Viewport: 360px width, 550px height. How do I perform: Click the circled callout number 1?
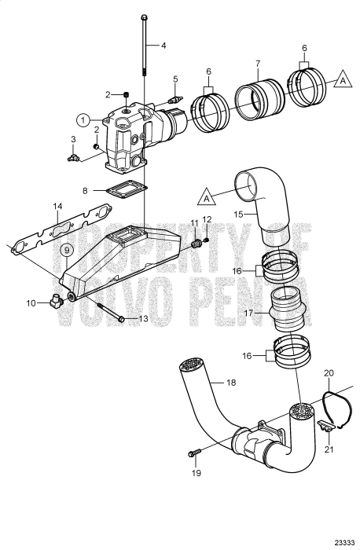(x=83, y=119)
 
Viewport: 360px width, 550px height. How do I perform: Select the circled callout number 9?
(x=68, y=250)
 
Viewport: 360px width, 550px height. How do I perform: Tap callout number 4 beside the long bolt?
(x=164, y=46)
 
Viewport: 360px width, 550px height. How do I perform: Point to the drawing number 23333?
(x=343, y=542)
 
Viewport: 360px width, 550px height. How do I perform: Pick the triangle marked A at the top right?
(x=342, y=79)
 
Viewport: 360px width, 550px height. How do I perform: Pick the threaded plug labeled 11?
(x=197, y=247)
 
